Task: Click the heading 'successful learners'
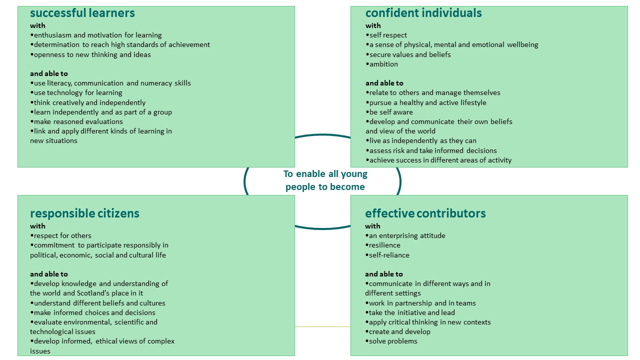[82, 13]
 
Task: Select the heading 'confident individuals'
[423, 13]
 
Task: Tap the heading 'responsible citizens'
[84, 213]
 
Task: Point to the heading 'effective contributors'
[425, 213]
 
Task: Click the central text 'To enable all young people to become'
[325, 180]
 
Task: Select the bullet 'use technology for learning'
[78, 92]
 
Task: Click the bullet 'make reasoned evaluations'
[78, 121]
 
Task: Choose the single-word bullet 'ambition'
[383, 64]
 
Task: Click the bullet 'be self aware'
[391, 112]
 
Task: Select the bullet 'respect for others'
[62, 235]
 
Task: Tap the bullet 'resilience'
[384, 245]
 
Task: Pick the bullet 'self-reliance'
[389, 255]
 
